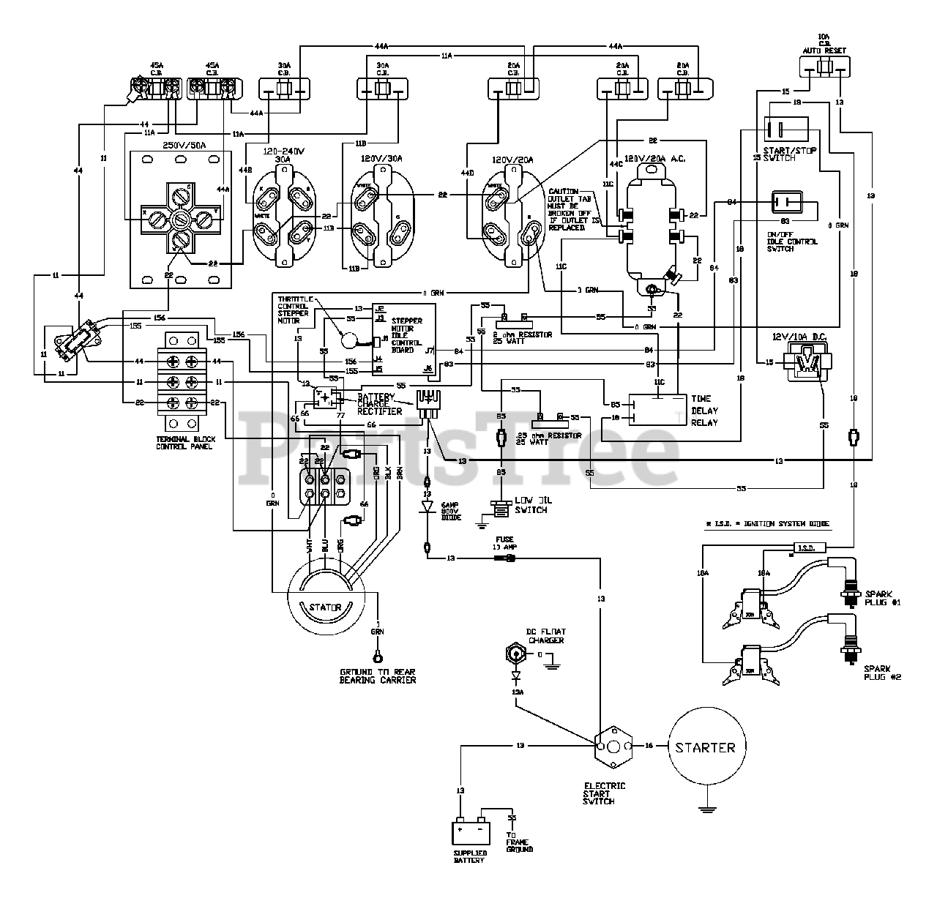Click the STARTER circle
pos(704,747)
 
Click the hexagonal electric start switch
pos(613,748)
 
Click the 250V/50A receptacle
pos(180,218)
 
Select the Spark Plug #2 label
pos(881,673)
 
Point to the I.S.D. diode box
pos(810,547)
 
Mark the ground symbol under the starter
pos(704,809)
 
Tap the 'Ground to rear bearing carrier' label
pos(377,676)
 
